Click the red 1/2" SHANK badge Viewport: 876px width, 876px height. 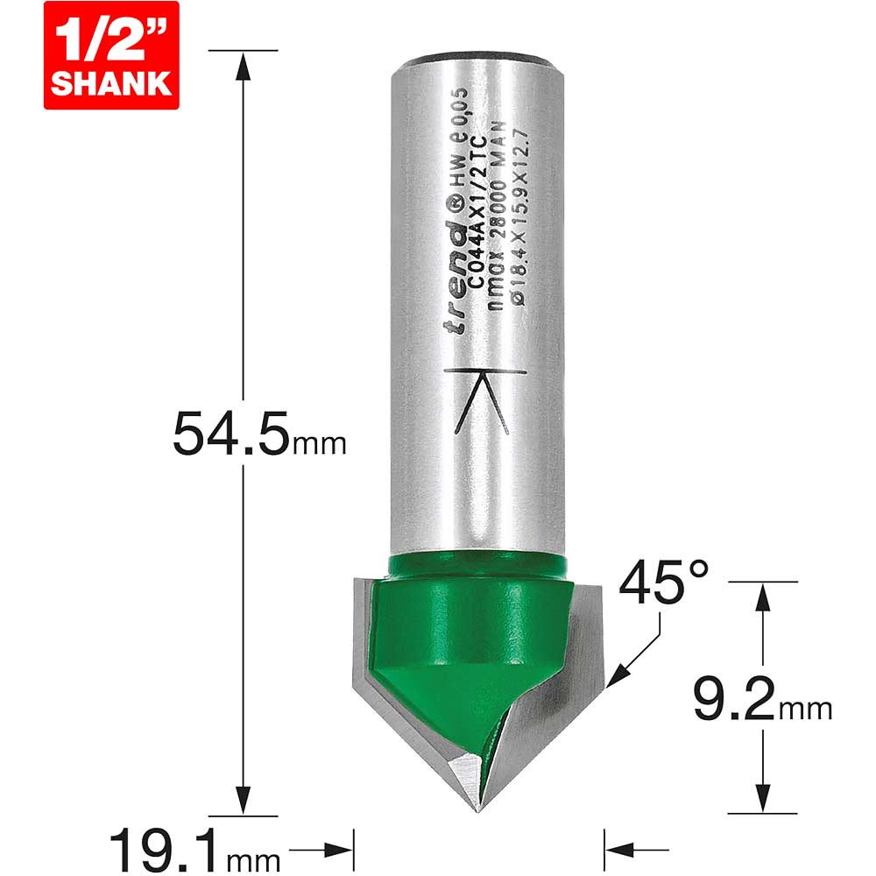coord(111,55)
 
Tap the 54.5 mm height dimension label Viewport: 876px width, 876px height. coord(259,434)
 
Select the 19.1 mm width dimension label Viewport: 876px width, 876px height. coord(194,853)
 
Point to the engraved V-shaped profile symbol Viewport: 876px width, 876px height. coord(485,400)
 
